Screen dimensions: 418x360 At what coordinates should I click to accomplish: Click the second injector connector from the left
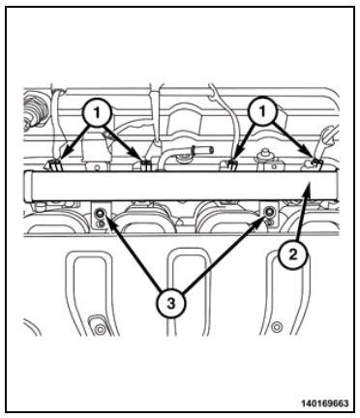145,165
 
